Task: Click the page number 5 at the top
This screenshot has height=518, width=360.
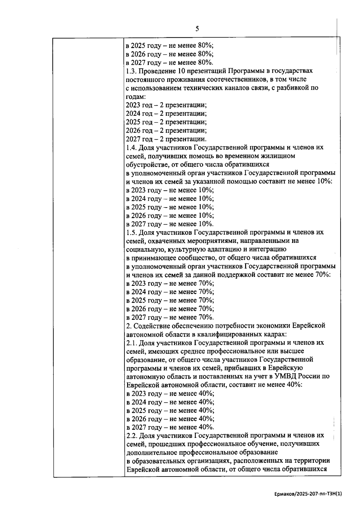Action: pos(197,29)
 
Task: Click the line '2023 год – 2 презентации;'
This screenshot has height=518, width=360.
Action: pos(166,105)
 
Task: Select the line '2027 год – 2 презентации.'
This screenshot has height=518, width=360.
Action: pos(166,139)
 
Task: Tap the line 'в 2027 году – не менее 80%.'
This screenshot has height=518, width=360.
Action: pos(169,62)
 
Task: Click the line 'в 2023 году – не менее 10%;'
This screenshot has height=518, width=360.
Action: pos(169,190)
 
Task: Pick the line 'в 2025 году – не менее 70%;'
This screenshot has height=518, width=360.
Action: pos(169,300)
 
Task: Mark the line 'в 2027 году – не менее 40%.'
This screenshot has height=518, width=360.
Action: pos(169,427)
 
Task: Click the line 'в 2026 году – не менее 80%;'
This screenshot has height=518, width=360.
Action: pos(169,54)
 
